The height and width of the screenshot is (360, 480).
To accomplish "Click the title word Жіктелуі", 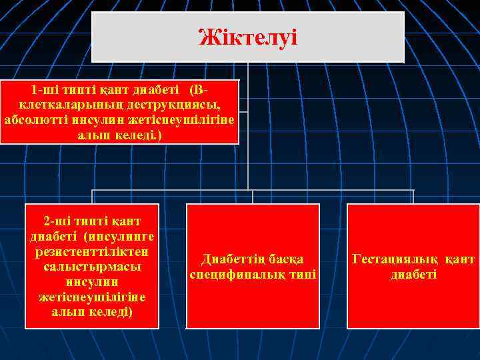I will [247, 37].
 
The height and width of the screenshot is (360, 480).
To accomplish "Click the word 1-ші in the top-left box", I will [44, 90].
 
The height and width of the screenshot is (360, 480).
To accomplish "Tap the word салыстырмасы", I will [92, 266].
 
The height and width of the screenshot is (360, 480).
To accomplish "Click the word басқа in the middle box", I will [287, 259].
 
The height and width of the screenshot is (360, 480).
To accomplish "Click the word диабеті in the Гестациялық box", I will [413, 274].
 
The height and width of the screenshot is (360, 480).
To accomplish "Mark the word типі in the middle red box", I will [304, 274].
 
